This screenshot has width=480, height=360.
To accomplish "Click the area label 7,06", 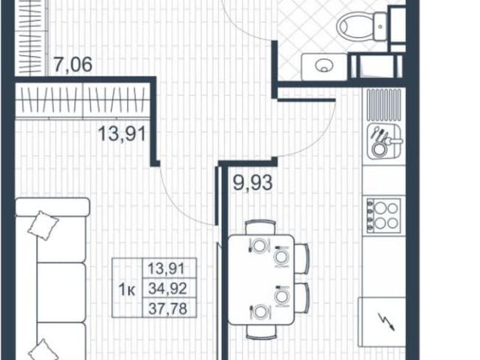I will point(72,65).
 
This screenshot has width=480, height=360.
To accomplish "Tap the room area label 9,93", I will point(250,181).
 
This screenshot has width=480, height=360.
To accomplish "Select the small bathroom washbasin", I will point(325,64).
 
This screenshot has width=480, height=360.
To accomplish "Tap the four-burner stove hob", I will point(382,214).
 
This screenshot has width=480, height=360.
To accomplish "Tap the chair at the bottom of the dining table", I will point(259,334).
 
